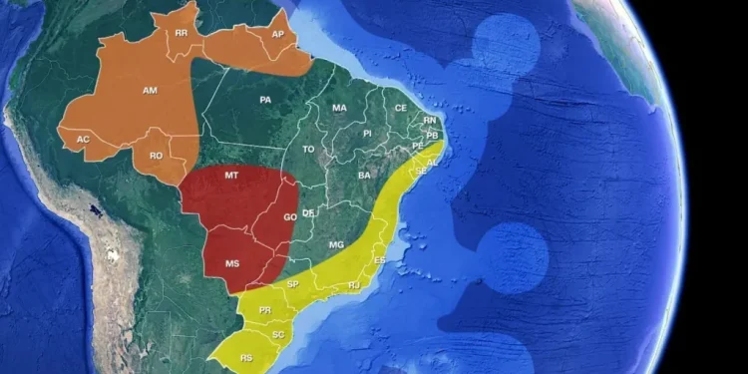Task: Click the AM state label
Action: (x=151, y=91)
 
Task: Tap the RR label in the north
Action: (x=181, y=34)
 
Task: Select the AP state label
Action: (x=278, y=35)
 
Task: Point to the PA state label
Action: (x=265, y=100)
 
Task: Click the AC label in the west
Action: (x=84, y=140)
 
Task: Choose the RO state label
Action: (x=156, y=156)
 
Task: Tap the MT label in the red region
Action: (x=231, y=176)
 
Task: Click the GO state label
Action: (x=290, y=216)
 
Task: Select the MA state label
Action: (x=340, y=108)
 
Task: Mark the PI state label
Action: (x=367, y=133)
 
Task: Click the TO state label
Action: (x=309, y=150)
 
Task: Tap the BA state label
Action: (x=365, y=176)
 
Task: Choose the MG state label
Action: (x=336, y=244)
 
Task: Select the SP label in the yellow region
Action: (x=293, y=284)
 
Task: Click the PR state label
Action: (x=265, y=310)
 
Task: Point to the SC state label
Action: (x=278, y=334)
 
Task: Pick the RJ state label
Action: (x=354, y=285)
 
